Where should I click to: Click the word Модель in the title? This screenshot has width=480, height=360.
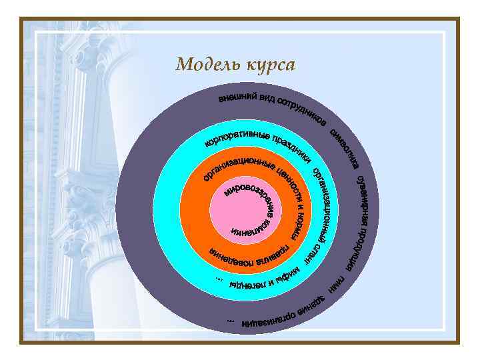pos(203,65)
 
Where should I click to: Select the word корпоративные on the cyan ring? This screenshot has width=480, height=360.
pos(236,137)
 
